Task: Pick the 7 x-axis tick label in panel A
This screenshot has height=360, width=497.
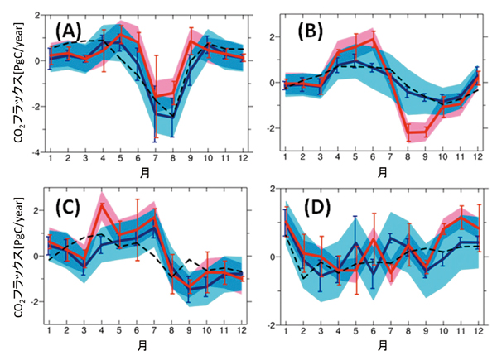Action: pyautogui.click(x=155, y=159)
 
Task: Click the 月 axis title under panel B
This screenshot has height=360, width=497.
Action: pyautogui.click(x=383, y=173)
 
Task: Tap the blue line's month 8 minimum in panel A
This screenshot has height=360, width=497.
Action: pyautogui.click(x=172, y=118)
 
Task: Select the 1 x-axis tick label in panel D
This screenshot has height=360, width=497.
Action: pyautogui.click(x=286, y=329)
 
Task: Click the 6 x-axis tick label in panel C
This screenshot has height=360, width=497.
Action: pyautogui.click(x=138, y=329)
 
